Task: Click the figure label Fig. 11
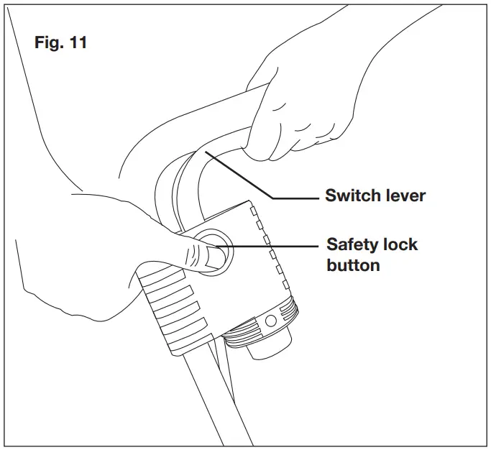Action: tap(60, 42)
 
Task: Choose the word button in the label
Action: tap(353, 265)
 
